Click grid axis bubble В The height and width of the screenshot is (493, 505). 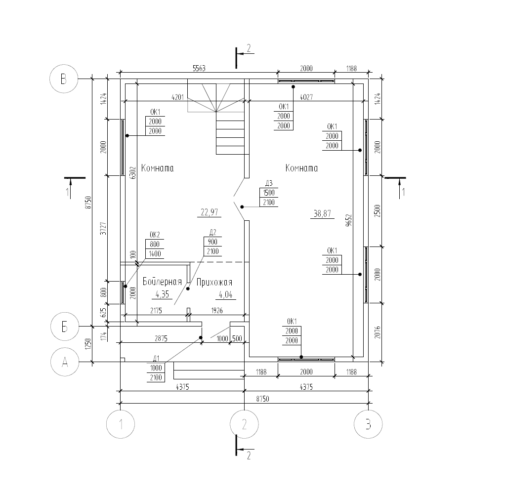pos(64,79)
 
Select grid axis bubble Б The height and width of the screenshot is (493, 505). pos(65,327)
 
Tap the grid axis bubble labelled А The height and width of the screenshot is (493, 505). pos(65,362)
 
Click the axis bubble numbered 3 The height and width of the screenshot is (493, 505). pos(368,424)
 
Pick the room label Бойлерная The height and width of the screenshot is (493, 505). pos(162,282)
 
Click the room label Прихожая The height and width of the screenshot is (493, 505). pos(214,283)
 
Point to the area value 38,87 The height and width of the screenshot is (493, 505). pos(322,213)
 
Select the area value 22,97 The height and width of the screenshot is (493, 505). pos(210,212)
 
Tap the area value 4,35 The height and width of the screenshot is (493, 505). pos(162,294)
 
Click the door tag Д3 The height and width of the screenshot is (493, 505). pos(269,183)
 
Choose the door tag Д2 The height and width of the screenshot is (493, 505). pos(212,232)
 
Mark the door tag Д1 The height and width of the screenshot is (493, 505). pos(156,359)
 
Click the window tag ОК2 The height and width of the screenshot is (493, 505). pos(155,235)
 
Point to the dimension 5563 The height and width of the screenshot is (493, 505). pos(199,68)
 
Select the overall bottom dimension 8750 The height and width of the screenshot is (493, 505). pos(262,399)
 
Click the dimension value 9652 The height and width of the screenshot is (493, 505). pos(348,220)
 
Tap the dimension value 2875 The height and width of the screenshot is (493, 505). pos(161,338)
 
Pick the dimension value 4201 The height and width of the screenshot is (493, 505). pos(177,97)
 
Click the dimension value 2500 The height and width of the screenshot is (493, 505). pos(378,211)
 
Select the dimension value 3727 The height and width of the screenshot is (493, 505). pos(103,228)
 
